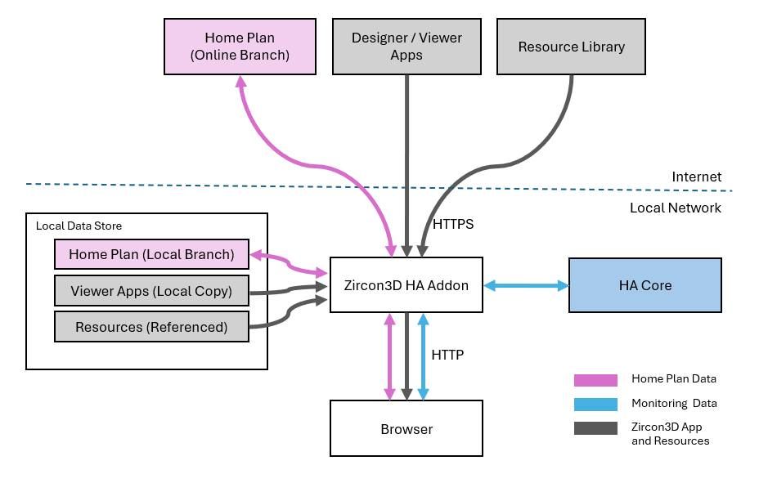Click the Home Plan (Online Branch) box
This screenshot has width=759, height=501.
click(x=240, y=47)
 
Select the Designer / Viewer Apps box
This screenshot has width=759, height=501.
click(x=406, y=47)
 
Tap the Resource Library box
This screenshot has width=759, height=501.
click(x=571, y=47)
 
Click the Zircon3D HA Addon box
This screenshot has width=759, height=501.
click(x=406, y=284)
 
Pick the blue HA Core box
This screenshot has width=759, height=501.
click(x=644, y=285)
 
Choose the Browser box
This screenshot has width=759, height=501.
click(x=406, y=428)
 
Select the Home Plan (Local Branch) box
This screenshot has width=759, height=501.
click(x=151, y=254)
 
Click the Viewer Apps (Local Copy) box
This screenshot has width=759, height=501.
click(x=151, y=291)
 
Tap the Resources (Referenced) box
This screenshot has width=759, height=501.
click(x=151, y=327)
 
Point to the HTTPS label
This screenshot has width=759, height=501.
click(x=452, y=223)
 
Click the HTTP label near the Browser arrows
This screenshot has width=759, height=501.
click(x=447, y=355)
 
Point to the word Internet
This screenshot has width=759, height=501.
click(x=696, y=177)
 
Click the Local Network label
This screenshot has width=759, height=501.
click(x=675, y=208)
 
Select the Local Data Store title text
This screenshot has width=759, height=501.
click(x=79, y=226)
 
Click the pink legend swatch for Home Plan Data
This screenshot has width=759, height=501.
click(x=595, y=380)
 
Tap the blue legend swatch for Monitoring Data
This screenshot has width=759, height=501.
click(x=595, y=404)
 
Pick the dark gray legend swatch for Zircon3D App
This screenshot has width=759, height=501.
click(x=595, y=428)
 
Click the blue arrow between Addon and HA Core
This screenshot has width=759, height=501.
click(x=526, y=285)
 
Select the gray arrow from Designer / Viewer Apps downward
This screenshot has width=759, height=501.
click(x=406, y=163)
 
